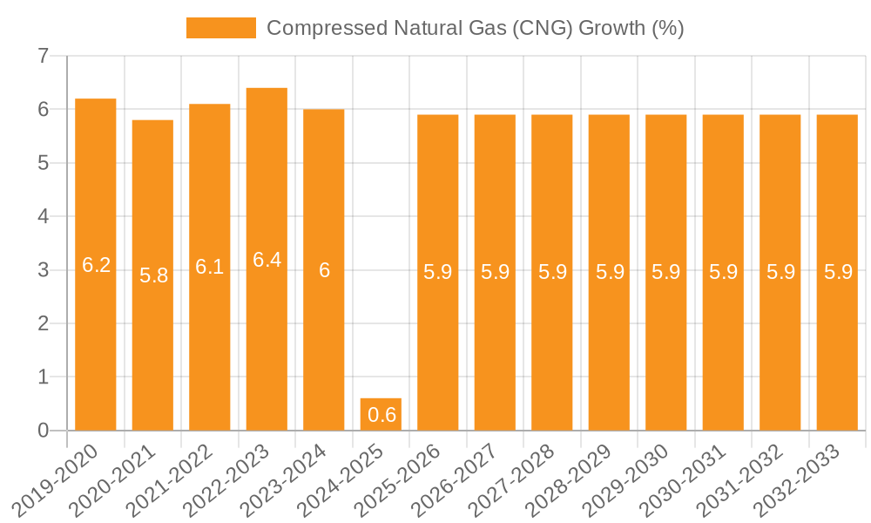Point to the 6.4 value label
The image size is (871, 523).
[267, 260]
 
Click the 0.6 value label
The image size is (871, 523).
[381, 415]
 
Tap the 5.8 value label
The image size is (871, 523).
[153, 275]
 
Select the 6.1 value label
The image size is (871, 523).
[210, 268]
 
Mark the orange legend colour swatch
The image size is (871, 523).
[221, 28]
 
